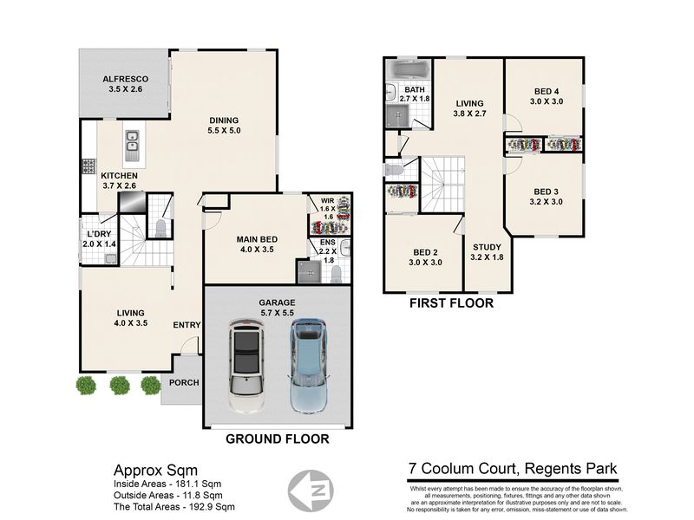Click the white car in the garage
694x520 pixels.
[x=246, y=366]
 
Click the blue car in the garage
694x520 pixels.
[x=309, y=366]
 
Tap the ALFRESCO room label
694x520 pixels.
[x=126, y=79]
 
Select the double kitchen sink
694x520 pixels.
[x=132, y=146]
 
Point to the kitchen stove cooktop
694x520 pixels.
[x=88, y=166]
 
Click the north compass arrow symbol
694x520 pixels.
[x=311, y=491]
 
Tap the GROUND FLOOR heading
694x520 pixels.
[x=278, y=439]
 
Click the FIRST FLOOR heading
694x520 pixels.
[x=451, y=303]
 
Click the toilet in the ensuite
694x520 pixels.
[x=337, y=274]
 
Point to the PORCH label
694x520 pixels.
[x=184, y=382]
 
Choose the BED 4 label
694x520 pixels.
[x=547, y=92]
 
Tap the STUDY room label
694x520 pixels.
[x=487, y=247]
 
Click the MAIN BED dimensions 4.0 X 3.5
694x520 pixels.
[x=257, y=250]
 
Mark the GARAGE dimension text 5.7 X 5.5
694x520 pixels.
[x=277, y=313]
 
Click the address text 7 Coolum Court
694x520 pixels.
[x=462, y=469]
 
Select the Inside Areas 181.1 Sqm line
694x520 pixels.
[x=167, y=484]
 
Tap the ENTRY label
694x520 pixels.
[x=187, y=325]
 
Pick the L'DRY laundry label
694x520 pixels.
[x=99, y=234]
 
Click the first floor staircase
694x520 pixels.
[x=442, y=185]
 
